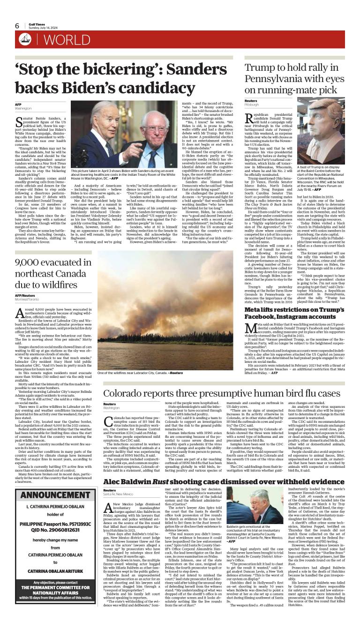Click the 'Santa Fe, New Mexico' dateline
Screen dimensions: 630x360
click(119, 494)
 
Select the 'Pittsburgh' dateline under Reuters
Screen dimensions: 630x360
click(252, 105)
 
